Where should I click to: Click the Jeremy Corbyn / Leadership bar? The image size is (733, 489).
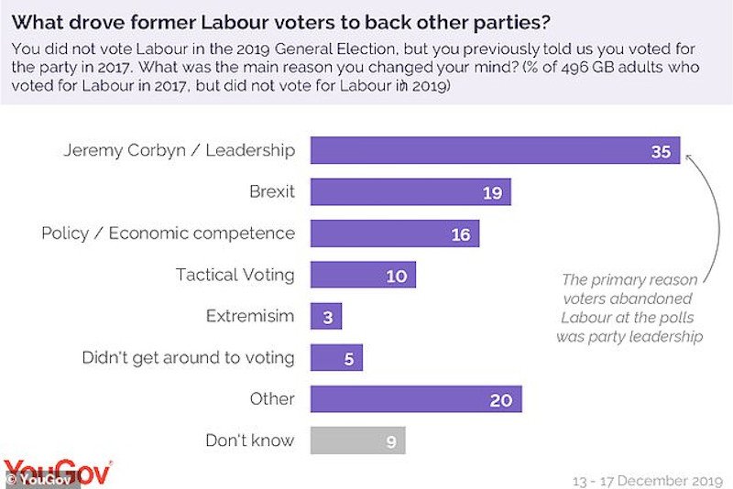[495, 151]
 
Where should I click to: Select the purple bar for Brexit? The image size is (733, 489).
[410, 191]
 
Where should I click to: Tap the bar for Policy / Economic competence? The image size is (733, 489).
[395, 234]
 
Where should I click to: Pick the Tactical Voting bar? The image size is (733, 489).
[363, 275]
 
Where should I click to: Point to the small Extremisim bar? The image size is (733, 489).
[326, 317]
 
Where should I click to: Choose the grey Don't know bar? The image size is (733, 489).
[357, 440]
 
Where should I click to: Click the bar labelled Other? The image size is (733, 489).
[416, 399]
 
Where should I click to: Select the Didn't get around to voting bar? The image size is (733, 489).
[336, 358]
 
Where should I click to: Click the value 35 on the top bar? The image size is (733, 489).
[661, 152]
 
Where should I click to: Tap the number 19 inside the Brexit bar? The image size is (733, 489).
[491, 192]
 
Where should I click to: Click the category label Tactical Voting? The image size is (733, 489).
[235, 275]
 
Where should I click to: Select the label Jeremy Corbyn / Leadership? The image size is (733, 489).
[180, 151]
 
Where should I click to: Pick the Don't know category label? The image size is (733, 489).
[250, 440]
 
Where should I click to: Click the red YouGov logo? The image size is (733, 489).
[57, 470]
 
